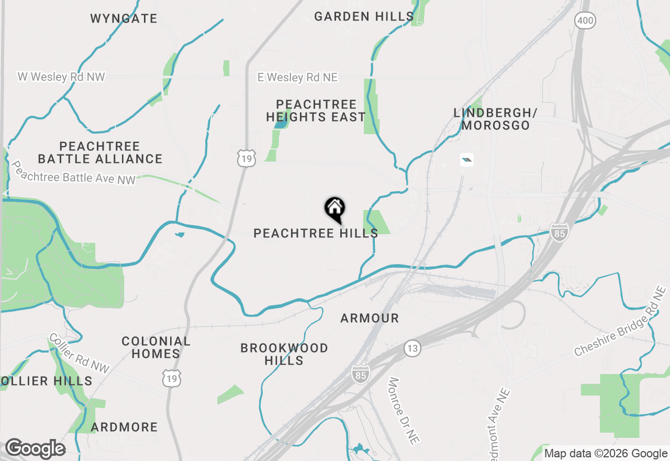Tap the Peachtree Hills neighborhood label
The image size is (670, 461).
coord(316,233)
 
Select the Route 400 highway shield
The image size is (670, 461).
coord(585,20)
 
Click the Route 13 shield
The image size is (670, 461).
coord(412,348)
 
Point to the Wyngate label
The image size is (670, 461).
coord(124,19)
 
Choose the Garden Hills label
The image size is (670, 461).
coord(364,17)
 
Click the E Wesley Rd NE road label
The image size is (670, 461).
coord(297,78)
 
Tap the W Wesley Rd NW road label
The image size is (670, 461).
coord(61,77)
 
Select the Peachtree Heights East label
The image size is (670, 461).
coord(316,111)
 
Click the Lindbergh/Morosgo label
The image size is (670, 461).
coord(496,119)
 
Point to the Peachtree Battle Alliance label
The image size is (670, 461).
coord(100,152)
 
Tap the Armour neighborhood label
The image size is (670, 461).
coord(370,318)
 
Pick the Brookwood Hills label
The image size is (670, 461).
coord(284,354)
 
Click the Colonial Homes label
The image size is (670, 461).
coord(156,347)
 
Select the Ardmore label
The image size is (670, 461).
coord(124,427)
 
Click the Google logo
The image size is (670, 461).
coord(35,449)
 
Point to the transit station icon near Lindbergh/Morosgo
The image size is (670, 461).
coord(466,160)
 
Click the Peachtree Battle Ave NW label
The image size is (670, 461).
coord(73,173)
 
